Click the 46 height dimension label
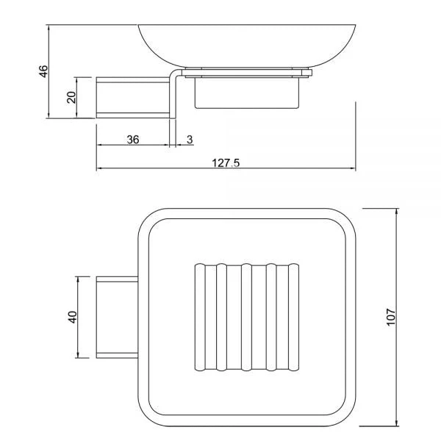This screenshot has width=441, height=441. (43, 71)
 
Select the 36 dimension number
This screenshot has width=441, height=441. (133, 139)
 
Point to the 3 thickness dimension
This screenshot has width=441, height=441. (190, 139)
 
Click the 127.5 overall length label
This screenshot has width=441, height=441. (226, 163)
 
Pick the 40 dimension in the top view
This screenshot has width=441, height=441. (72, 318)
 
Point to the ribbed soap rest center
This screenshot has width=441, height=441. (247, 317)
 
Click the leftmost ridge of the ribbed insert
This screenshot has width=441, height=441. (198, 317)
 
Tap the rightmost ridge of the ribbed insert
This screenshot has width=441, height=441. (295, 317)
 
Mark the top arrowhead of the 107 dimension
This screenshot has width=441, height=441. (397, 212)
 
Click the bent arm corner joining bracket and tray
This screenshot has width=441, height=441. (175, 74)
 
